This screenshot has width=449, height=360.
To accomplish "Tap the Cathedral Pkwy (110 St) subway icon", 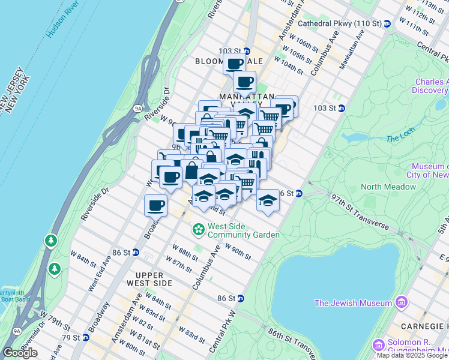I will pyautogui.click(x=388, y=23).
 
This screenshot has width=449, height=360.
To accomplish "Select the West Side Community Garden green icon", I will pyautogui.click(x=197, y=230).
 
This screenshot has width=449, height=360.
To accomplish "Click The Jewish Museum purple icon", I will pyautogui.click(x=401, y=303).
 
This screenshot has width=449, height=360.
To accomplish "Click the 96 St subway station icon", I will pyautogui.click(x=298, y=193).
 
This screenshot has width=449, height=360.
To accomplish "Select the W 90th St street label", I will pyautogui.click(x=238, y=251).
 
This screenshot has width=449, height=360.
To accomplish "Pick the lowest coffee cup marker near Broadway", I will pyautogui.click(x=156, y=205).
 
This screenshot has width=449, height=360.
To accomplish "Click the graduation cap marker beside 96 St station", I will pyautogui.click(x=268, y=200).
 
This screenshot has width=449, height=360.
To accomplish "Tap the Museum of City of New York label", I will pyautogui.click(x=429, y=170).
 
